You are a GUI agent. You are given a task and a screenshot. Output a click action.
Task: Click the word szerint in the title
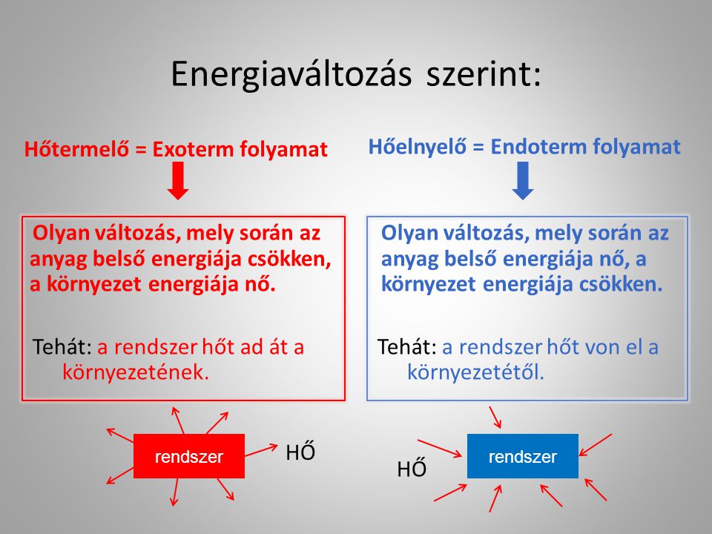pyautogui.click(x=482, y=74)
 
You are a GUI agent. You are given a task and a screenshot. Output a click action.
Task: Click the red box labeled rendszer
pyautogui.click(x=189, y=457)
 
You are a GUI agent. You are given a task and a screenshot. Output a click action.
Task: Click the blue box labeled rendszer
pyautogui.click(x=523, y=456)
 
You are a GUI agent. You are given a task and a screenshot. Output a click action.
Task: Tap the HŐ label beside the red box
pyautogui.click(x=300, y=452)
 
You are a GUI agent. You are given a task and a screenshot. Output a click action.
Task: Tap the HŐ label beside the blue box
pyautogui.click(x=412, y=469)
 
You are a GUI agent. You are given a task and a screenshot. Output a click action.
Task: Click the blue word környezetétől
pyautogui.click(x=475, y=372)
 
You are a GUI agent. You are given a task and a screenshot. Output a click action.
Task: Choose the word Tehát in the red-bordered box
pyautogui.click(x=62, y=347)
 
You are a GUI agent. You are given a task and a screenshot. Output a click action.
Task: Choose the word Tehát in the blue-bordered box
pyautogui.click(x=407, y=347)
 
